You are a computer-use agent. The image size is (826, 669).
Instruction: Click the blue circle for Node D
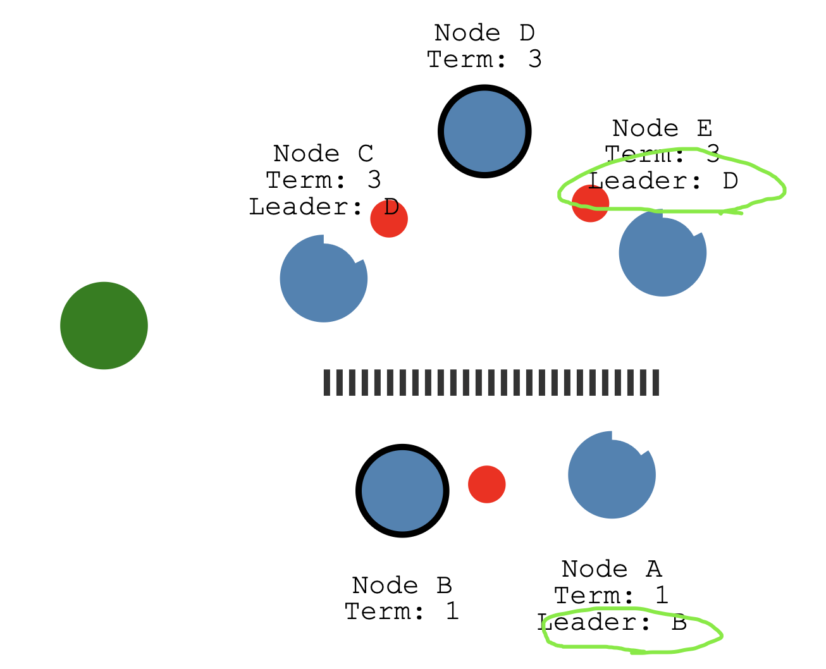(484, 132)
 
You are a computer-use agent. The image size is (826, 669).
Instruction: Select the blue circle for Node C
(323, 279)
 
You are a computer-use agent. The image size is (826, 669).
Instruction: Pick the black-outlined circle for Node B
(402, 491)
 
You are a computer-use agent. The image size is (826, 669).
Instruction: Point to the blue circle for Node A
(612, 475)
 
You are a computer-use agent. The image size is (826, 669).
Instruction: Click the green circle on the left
(104, 325)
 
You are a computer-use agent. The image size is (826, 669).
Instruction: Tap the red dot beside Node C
(388, 219)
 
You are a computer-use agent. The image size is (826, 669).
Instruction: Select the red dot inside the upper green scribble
(589, 204)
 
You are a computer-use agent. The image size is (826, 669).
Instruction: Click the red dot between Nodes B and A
(486, 484)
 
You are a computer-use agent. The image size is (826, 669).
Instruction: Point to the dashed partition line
(491, 383)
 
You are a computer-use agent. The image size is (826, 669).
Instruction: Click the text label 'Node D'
(484, 33)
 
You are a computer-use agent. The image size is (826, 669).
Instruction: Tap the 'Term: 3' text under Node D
(484, 59)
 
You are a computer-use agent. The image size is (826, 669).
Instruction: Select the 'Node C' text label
(323, 154)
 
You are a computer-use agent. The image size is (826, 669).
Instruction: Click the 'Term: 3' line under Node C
(323, 180)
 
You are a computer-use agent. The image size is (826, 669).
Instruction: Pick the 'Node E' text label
(662, 128)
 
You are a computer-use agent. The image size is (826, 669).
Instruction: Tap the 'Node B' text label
(402, 586)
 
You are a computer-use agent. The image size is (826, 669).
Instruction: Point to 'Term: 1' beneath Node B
(402, 612)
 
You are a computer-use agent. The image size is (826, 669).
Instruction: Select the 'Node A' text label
(612, 569)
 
